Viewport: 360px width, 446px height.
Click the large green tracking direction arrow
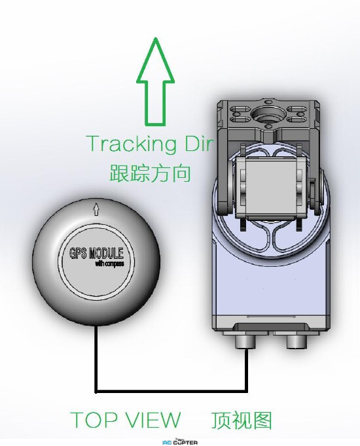point(155,82)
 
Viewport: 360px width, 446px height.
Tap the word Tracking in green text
point(131,144)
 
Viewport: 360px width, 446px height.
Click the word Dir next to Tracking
point(198,143)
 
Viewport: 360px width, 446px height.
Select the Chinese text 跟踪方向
point(150,173)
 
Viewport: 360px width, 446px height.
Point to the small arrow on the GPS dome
point(96,209)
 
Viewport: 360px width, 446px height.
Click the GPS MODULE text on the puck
point(96,253)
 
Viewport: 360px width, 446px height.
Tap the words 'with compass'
point(109,264)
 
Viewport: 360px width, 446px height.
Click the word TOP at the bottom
point(94,419)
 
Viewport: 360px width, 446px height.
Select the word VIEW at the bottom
point(153,419)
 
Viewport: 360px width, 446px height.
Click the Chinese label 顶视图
point(242,420)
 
